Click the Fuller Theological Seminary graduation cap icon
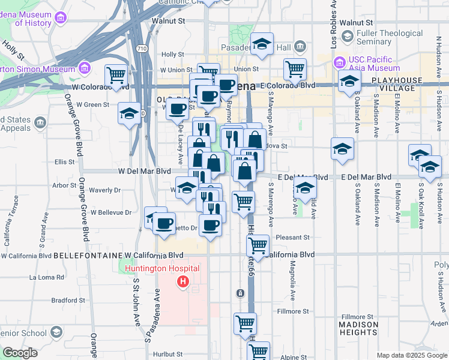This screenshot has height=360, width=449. pyautogui.click(x=347, y=37)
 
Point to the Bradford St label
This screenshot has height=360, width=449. pyautogui.click(x=65, y=300)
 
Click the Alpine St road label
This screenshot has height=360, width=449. pyautogui.click(x=294, y=357)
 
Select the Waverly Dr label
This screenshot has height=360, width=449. pyautogui.click(x=104, y=190)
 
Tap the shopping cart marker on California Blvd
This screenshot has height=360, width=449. pyautogui.click(x=258, y=245)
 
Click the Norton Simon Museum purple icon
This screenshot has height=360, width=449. pyautogui.click(x=83, y=68)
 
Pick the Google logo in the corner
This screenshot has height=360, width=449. pyautogui.click(x=20, y=353)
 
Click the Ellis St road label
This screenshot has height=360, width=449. pyautogui.click(x=64, y=161)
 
